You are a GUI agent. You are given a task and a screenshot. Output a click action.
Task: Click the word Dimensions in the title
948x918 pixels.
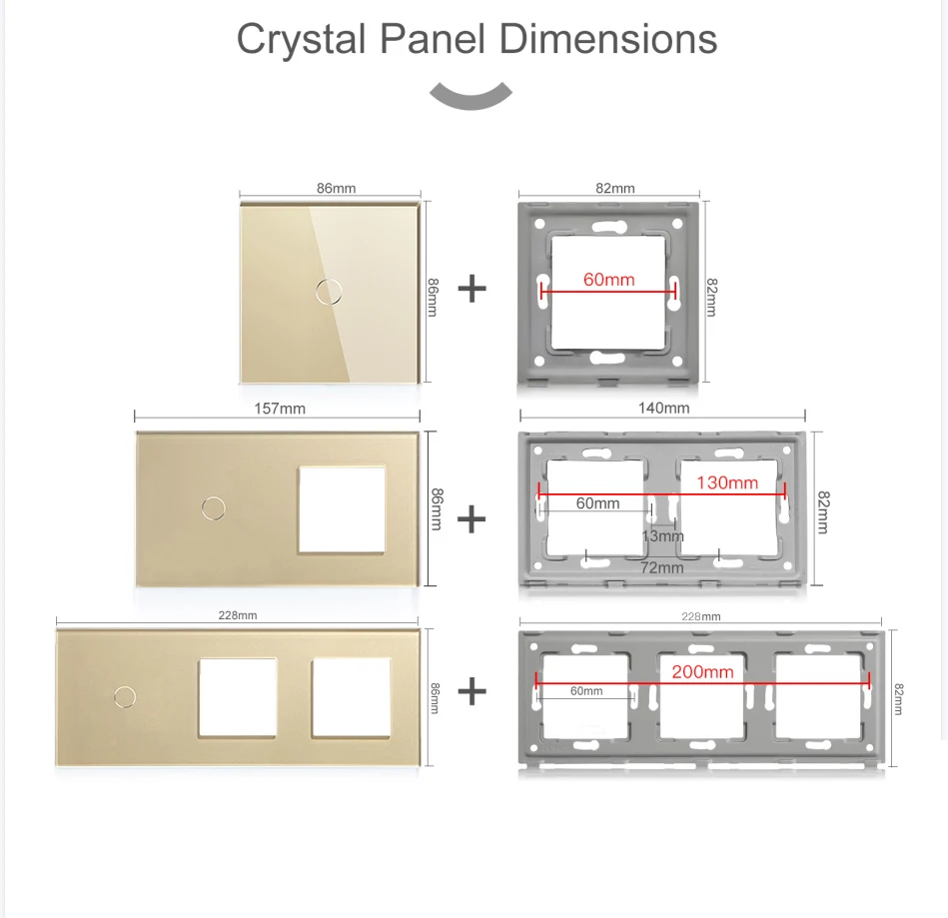coord(608,39)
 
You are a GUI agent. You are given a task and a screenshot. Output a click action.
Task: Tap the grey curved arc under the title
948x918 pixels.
coord(471,97)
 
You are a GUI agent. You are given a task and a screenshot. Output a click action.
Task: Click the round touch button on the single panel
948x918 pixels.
coord(326,291)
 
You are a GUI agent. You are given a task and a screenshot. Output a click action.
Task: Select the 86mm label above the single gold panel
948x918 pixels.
coord(336,188)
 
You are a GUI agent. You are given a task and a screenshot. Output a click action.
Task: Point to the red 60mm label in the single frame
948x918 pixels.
coord(608,280)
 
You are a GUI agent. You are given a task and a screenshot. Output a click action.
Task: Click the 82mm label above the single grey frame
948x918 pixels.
coord(615,188)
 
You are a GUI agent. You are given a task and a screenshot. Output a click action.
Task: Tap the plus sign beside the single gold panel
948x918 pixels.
coord(472,290)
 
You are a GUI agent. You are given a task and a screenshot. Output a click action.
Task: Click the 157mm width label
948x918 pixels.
coord(280,409)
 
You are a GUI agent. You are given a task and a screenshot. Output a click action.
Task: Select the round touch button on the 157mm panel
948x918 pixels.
coord(212,507)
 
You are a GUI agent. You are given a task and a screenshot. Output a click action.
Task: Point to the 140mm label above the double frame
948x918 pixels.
coord(663,408)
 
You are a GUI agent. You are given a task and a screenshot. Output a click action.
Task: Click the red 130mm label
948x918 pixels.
coord(727,482)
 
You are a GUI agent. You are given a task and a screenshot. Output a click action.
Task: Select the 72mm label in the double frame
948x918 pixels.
coord(661,567)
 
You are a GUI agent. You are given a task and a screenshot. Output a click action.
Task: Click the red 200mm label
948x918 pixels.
coord(702,672)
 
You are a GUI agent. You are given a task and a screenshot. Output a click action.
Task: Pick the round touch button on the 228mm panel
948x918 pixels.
coord(125,694)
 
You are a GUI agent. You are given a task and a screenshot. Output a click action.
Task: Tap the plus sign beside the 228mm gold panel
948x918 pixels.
coord(472,691)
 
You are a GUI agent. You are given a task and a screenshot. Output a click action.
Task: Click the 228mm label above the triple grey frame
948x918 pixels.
coord(700,616)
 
